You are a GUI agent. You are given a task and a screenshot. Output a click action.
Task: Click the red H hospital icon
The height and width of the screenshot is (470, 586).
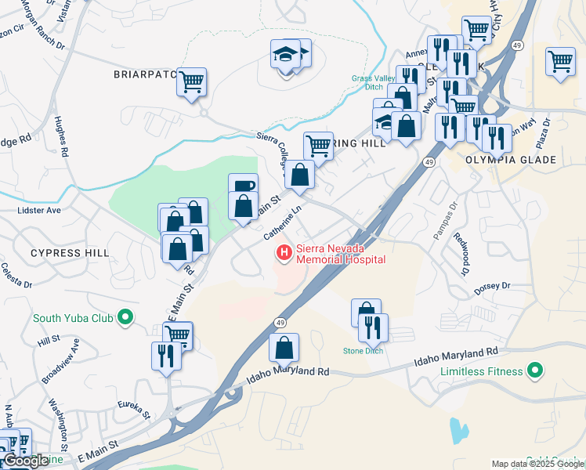[x=284, y=253]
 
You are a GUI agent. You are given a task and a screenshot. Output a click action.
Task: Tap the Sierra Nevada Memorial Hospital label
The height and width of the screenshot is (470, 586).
[x=340, y=253]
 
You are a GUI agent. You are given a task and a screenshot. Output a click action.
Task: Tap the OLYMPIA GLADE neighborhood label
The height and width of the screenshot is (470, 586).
[x=522, y=160]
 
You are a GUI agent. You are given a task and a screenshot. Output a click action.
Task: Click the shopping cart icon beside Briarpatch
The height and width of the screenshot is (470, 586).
[x=191, y=81]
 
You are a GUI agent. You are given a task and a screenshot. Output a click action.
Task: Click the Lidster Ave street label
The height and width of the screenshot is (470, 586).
[x=38, y=211]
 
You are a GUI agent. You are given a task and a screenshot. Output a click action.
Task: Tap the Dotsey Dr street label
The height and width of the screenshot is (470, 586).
[x=492, y=289]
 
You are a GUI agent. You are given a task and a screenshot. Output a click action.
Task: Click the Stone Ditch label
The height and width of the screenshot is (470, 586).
[x=363, y=350]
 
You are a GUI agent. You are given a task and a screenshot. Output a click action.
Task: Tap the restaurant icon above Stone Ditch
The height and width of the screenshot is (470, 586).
[x=373, y=327]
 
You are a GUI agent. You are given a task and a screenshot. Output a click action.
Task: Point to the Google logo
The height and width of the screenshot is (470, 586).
[x=27, y=461]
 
